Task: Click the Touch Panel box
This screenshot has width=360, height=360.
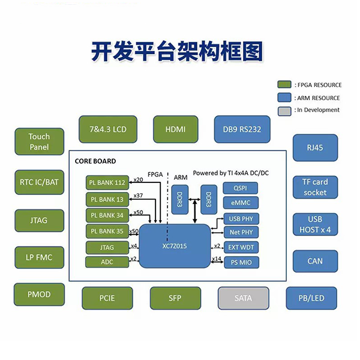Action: (39, 142)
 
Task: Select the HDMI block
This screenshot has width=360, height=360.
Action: (175, 130)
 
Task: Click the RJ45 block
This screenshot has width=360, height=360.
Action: (315, 148)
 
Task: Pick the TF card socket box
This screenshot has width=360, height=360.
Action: (315, 187)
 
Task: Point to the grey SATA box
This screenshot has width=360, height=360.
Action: (243, 297)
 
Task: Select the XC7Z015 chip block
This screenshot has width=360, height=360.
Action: (175, 247)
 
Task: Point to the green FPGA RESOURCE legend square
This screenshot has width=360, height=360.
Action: (284, 85)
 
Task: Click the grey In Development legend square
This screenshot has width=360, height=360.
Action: (284, 110)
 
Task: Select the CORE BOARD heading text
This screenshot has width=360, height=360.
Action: (95, 161)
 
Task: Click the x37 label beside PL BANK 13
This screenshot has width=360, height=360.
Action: (138, 195)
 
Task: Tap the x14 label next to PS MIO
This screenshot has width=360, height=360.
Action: (217, 259)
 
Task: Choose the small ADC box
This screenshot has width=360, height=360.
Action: (107, 262)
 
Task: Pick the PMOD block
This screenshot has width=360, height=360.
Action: (39, 295)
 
